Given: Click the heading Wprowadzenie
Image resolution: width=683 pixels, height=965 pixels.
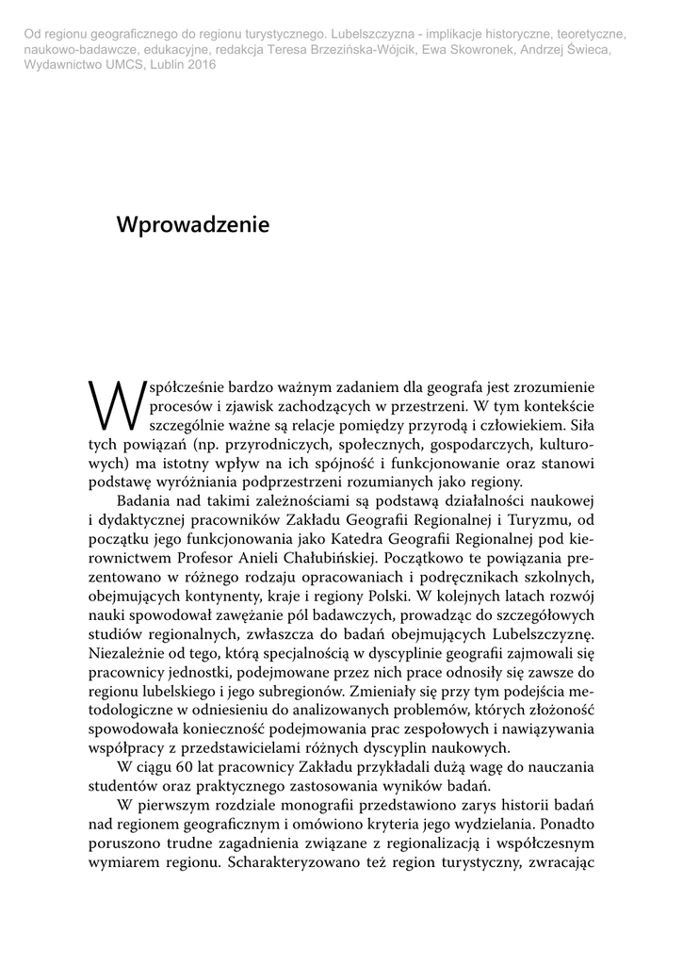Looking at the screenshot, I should coord(192,225).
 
